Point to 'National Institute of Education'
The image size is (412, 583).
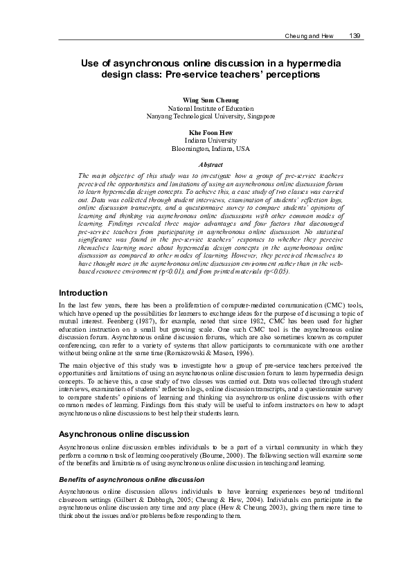click(211, 109)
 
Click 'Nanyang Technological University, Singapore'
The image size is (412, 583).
click(211, 116)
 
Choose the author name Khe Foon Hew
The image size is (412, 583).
click(211, 132)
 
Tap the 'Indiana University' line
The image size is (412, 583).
click(211, 140)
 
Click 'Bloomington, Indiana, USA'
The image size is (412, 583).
click(211, 148)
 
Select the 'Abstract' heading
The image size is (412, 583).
click(211, 165)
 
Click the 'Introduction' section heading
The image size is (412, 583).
click(83, 312)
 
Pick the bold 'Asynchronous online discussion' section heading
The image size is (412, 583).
click(124, 433)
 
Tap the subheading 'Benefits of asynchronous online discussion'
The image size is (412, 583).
click(132, 479)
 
